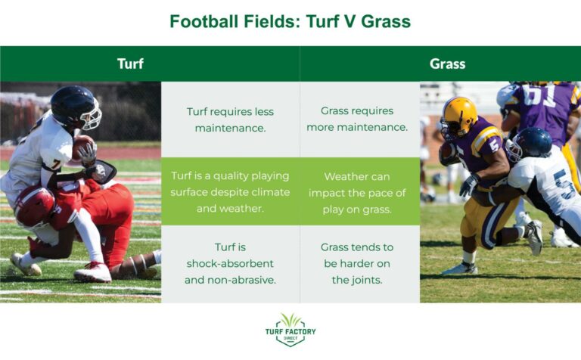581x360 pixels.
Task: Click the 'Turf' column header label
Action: [130, 64]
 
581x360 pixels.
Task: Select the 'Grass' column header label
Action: [447, 64]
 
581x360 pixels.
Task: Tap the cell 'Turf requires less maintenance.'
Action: [230, 119]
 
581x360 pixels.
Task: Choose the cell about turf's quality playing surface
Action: [230, 191]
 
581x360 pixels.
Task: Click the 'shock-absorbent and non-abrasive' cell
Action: [230, 263]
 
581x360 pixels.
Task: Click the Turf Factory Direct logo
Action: [290, 330]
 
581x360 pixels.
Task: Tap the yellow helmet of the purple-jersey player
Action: [459, 116]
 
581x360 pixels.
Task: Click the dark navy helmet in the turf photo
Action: [75, 106]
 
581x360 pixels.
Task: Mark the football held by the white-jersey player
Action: [83, 144]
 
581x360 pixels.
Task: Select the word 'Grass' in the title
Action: [386, 21]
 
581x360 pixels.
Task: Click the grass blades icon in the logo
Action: [290, 320]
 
